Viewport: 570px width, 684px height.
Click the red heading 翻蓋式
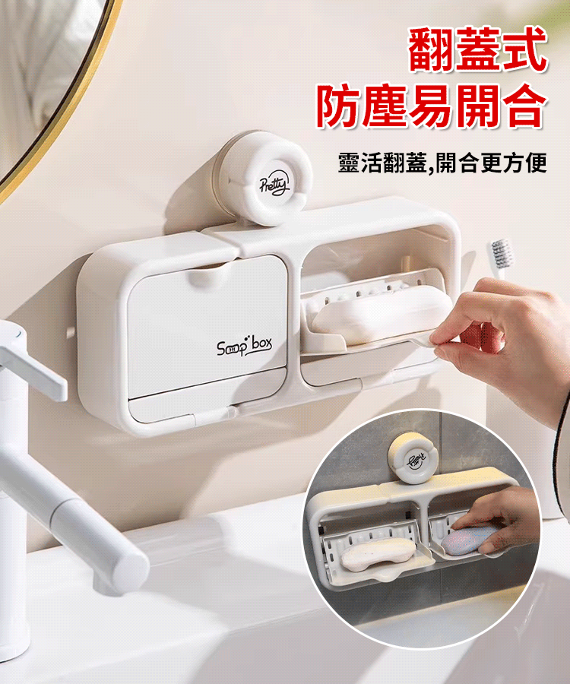(x=477, y=49)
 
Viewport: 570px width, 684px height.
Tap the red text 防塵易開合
(x=431, y=106)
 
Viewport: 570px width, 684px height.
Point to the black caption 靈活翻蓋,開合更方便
(x=442, y=163)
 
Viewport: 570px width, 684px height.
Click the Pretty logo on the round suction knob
(x=274, y=185)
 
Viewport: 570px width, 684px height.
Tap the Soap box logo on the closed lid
(x=244, y=346)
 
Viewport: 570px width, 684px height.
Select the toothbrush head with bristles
(x=501, y=253)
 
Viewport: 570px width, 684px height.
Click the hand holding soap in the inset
(x=497, y=521)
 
